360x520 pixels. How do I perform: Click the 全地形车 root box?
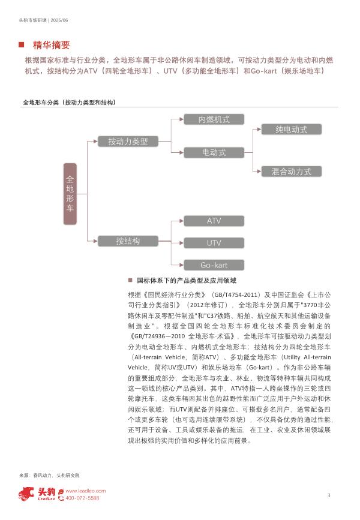pos(70,192)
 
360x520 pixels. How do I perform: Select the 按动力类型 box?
pos(128,142)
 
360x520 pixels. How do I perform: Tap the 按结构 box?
pos(128,241)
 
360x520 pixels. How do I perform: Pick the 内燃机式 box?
pos(214,119)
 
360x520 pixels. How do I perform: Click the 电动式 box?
pos(214,152)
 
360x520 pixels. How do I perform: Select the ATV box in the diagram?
pos(214,221)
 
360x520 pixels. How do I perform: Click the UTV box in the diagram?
pos(214,243)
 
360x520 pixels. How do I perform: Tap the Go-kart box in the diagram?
pos(214,265)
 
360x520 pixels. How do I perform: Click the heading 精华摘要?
pos(52,45)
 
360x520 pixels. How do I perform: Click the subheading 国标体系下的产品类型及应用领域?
pos(187,280)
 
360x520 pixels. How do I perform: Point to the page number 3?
pos(329,495)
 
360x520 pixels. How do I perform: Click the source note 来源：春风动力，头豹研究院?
pos(49,474)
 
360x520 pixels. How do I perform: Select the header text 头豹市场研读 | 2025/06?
pos(44,19)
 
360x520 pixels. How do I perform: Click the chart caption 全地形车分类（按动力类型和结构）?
pos(68,103)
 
